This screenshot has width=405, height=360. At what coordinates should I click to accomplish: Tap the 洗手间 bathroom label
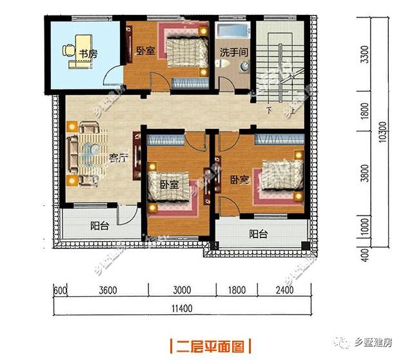232,52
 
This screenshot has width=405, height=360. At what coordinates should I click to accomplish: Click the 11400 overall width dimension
183,308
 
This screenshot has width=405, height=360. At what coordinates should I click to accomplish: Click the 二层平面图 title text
206,346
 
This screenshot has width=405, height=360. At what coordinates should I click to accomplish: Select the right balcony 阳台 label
258,235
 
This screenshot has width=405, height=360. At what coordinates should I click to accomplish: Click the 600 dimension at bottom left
60,290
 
